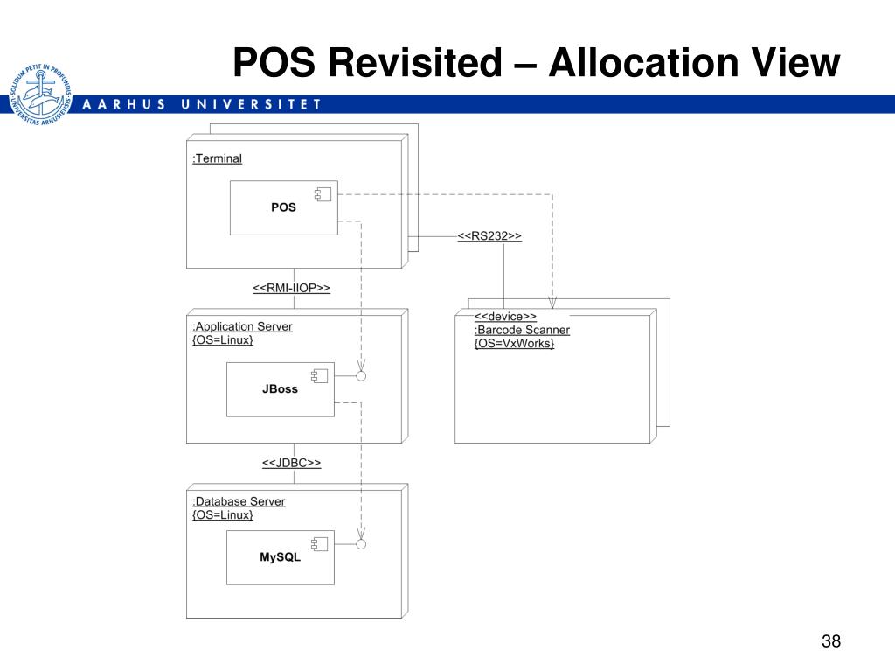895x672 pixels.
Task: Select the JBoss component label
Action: click(280, 389)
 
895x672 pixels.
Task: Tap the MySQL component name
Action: click(280, 557)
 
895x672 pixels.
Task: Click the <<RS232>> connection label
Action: click(489, 236)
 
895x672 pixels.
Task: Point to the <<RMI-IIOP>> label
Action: click(291, 289)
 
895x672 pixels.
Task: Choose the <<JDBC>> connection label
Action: click(291, 463)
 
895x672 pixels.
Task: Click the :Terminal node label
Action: click(217, 158)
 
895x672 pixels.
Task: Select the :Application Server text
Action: click(242, 326)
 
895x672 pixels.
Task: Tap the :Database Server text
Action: click(239, 501)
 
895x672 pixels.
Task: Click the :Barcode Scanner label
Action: click(522, 330)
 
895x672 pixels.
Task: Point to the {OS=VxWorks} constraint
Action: click(514, 343)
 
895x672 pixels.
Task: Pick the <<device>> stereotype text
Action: click(505, 317)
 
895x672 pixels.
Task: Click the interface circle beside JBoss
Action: click(360, 376)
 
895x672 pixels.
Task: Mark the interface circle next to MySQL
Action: click(360, 544)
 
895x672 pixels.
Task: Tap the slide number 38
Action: click(830, 641)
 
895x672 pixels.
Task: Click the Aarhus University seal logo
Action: click(39, 94)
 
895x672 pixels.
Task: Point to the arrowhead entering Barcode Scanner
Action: click(552, 303)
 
